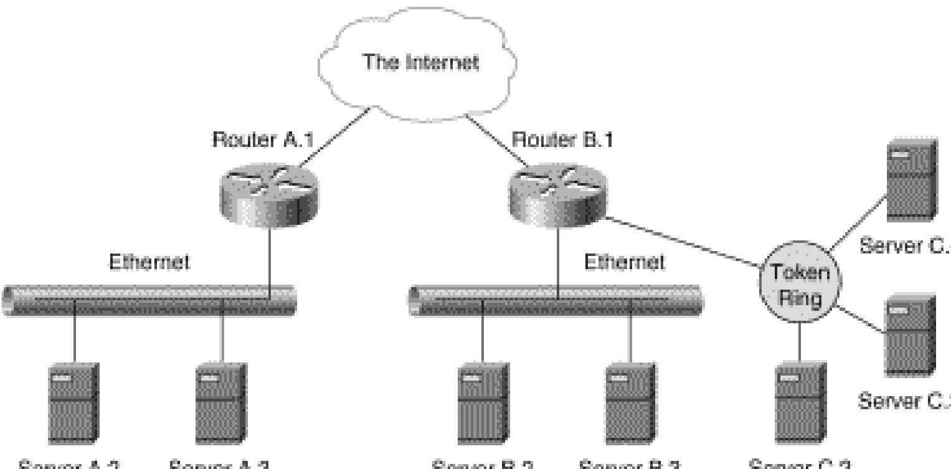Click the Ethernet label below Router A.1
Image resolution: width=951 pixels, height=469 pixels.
coord(149,262)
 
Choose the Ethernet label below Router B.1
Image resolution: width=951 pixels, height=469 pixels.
coord(624,262)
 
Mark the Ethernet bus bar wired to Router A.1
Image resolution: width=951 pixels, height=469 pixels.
coord(149,300)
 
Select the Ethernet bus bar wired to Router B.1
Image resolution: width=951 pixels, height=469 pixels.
coord(557,300)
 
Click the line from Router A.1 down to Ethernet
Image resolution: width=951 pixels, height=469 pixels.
coord(270,255)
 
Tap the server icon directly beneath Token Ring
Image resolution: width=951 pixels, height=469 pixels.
coord(800,402)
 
